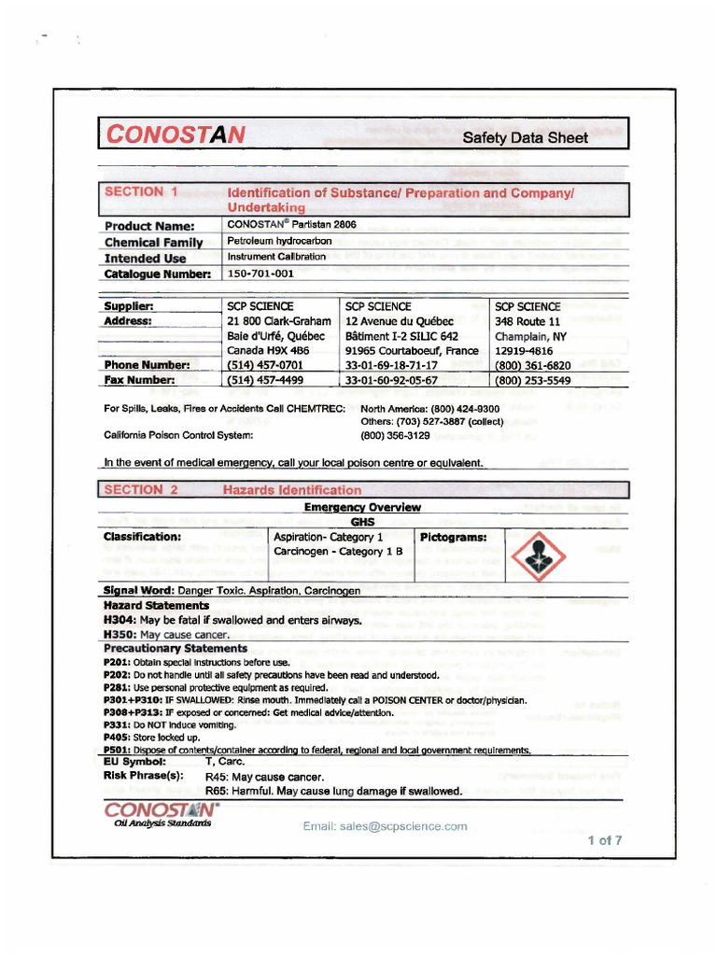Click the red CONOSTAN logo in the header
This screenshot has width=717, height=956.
pyautogui.click(x=176, y=134)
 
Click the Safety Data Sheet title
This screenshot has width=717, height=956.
pyautogui.click(x=526, y=137)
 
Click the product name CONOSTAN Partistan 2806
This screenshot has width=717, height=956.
pyautogui.click(x=292, y=225)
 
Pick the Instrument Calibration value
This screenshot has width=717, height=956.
pyautogui.click(x=276, y=257)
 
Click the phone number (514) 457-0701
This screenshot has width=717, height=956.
pyautogui.click(x=265, y=365)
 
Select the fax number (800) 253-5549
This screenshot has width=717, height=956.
pyautogui.click(x=533, y=380)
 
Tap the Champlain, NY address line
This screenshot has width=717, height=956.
pyautogui.click(x=528, y=336)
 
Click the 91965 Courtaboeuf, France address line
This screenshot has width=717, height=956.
pyautogui.click(x=412, y=350)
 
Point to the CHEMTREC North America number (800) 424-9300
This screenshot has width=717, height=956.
pyautogui.click(x=429, y=409)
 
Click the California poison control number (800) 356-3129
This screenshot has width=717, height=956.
pyautogui.click(x=395, y=435)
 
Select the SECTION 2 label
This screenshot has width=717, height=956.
pyautogui.click(x=141, y=489)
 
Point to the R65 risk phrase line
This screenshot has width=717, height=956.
pyautogui.click(x=333, y=791)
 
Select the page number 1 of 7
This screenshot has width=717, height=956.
pyautogui.click(x=604, y=839)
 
